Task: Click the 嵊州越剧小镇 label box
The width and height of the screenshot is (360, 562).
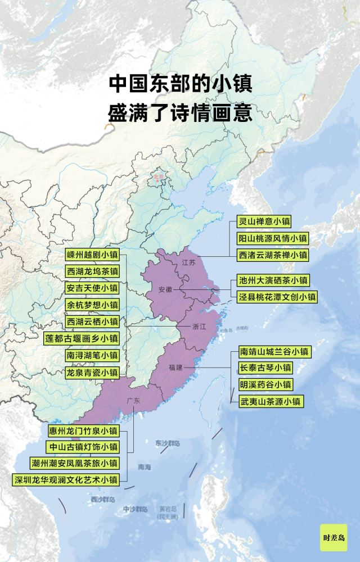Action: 92,254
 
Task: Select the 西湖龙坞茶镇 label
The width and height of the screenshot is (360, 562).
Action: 92,271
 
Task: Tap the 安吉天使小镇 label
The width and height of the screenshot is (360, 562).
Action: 92,288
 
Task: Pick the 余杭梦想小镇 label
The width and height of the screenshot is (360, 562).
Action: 92,305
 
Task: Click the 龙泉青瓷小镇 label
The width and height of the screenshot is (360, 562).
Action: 92,372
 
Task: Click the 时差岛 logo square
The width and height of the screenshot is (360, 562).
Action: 334,537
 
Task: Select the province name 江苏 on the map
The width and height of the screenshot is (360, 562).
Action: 188,262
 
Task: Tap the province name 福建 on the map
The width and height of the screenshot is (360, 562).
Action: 175,367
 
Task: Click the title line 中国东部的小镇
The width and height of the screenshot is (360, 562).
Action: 180,84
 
